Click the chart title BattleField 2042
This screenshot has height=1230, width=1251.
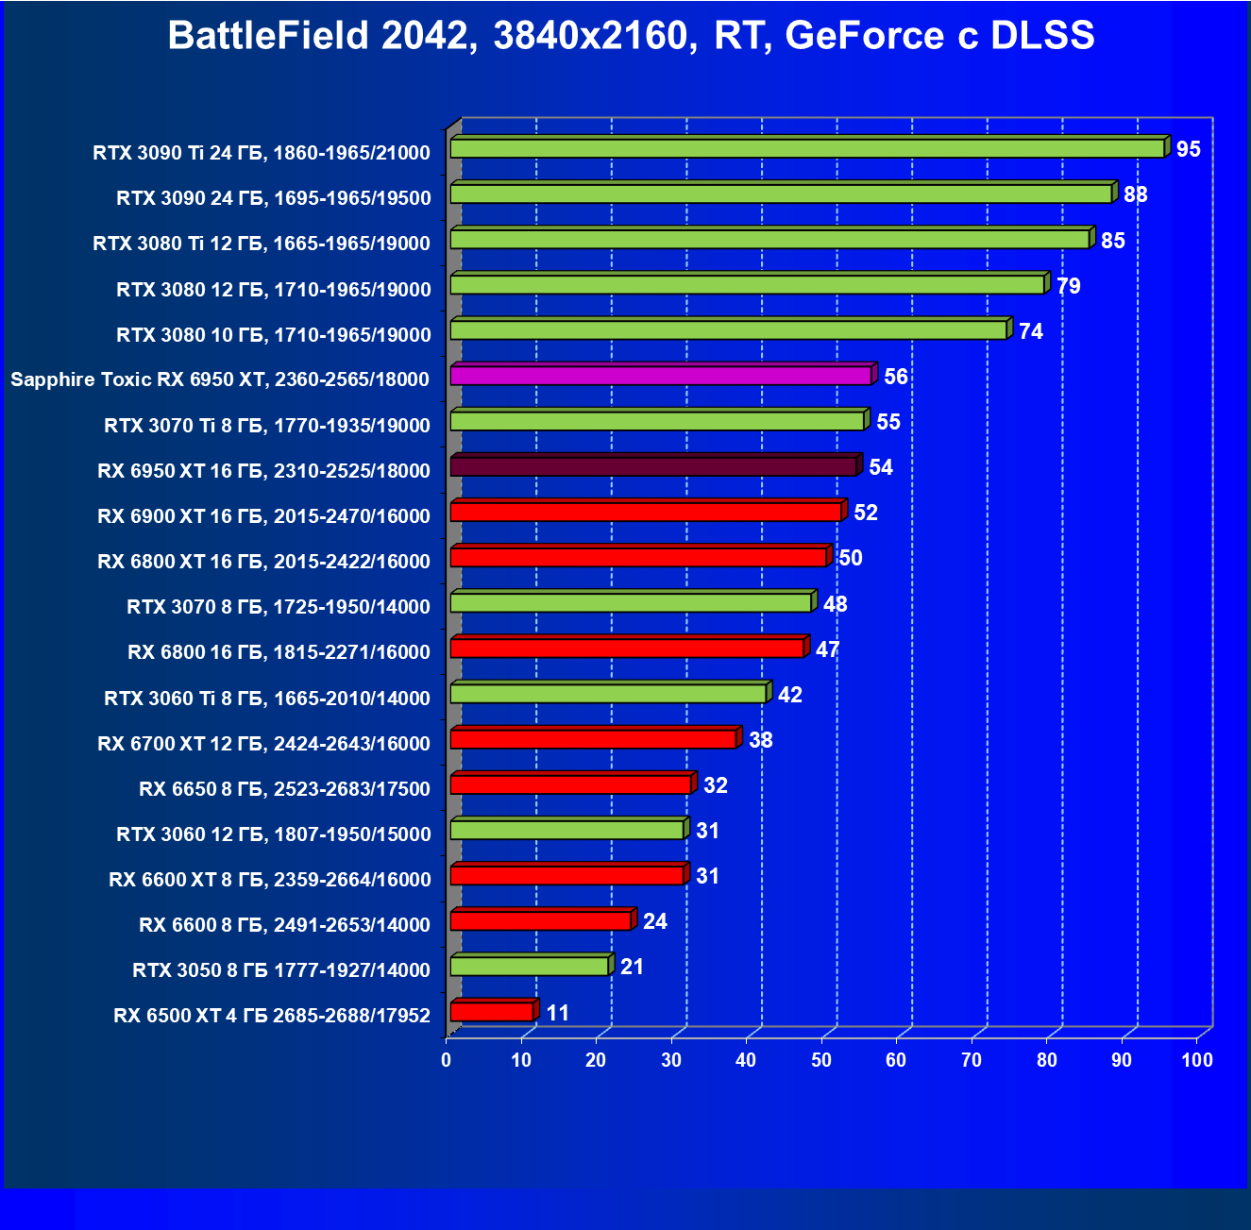click(631, 36)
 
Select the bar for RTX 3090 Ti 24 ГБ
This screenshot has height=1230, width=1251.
click(807, 148)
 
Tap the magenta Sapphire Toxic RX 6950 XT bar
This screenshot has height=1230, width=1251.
click(660, 376)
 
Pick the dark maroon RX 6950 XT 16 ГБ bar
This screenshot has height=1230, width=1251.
click(653, 466)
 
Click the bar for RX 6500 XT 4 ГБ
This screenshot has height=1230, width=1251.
click(492, 1012)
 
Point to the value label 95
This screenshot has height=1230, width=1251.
click(1189, 149)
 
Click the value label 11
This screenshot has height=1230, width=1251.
click(558, 1013)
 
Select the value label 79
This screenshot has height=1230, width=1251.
click(1068, 286)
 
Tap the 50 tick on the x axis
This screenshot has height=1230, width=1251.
click(821, 1060)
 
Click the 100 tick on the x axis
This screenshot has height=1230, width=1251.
click(1196, 1060)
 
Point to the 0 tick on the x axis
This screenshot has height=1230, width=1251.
click(447, 1060)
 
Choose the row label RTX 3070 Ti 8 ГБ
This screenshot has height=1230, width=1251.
click(267, 426)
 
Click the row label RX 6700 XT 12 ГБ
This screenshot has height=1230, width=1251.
click(263, 744)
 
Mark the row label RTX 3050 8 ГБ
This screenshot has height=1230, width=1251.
click(281, 970)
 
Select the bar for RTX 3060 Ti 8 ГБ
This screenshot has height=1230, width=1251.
click(608, 694)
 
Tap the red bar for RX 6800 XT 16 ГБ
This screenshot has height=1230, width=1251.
click(638, 557)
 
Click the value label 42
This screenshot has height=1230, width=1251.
click(790, 696)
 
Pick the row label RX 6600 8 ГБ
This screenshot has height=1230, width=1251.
click(284, 925)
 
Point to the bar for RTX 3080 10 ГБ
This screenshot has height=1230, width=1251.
click(729, 329)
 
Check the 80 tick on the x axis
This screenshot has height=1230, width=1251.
click(1047, 1060)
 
